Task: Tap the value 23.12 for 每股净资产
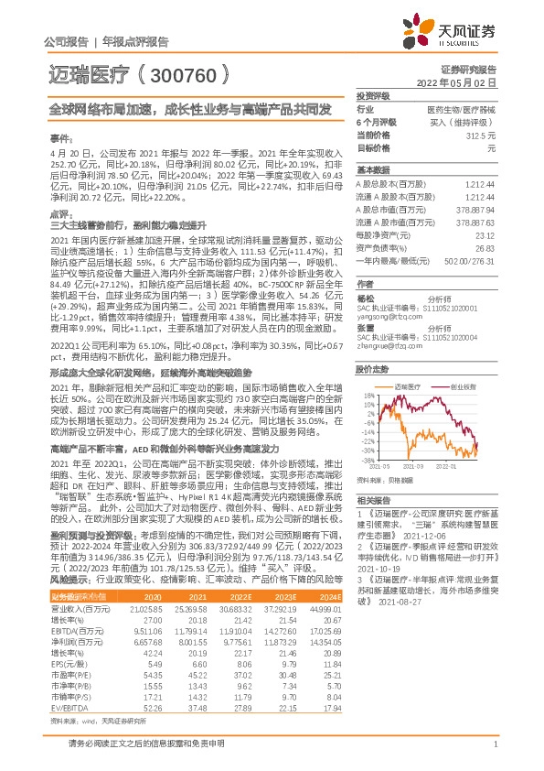486,234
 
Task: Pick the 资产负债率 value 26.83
486,247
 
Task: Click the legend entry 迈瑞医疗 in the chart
408,362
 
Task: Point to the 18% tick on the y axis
368,370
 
